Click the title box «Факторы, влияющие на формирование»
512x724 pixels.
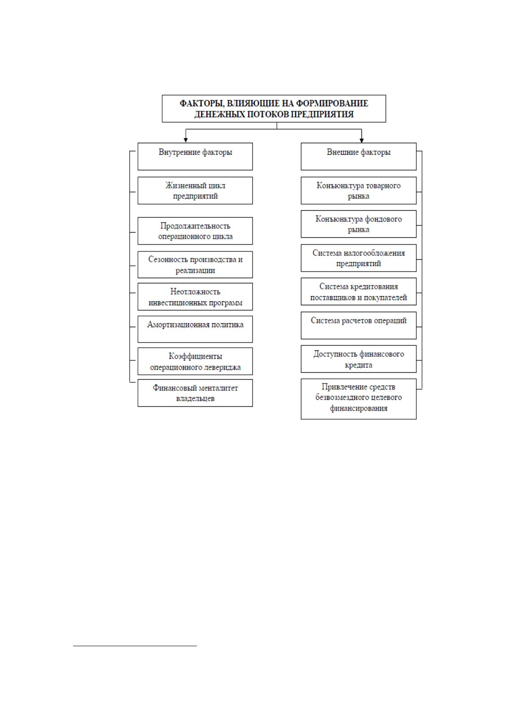274,109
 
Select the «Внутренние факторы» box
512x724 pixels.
195,156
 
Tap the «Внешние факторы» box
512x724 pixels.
359,156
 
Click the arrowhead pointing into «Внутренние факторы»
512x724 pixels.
186,140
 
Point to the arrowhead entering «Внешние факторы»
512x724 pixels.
362,140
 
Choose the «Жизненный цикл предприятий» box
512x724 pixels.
195,190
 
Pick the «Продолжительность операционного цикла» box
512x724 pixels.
195,231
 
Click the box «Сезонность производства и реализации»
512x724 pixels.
195,265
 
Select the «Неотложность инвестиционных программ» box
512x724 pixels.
195,297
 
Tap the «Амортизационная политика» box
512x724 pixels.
195,329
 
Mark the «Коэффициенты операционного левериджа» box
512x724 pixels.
195,361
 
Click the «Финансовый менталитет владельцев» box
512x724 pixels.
195,393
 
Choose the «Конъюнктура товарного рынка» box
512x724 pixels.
359,190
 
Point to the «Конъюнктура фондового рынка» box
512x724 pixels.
359,224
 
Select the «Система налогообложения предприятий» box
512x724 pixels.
359,258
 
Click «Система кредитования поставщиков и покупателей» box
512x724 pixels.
359,291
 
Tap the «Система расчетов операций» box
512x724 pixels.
359,325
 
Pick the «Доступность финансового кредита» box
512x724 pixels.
359,359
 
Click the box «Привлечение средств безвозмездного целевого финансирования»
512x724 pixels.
359,399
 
